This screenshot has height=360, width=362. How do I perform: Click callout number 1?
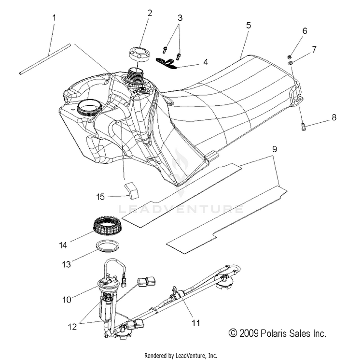pos(54,18)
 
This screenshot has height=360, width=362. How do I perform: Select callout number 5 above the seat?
pos(248,26)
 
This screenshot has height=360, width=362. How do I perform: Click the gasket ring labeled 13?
pos(110,246)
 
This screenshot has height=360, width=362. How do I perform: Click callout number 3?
pos(180,18)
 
